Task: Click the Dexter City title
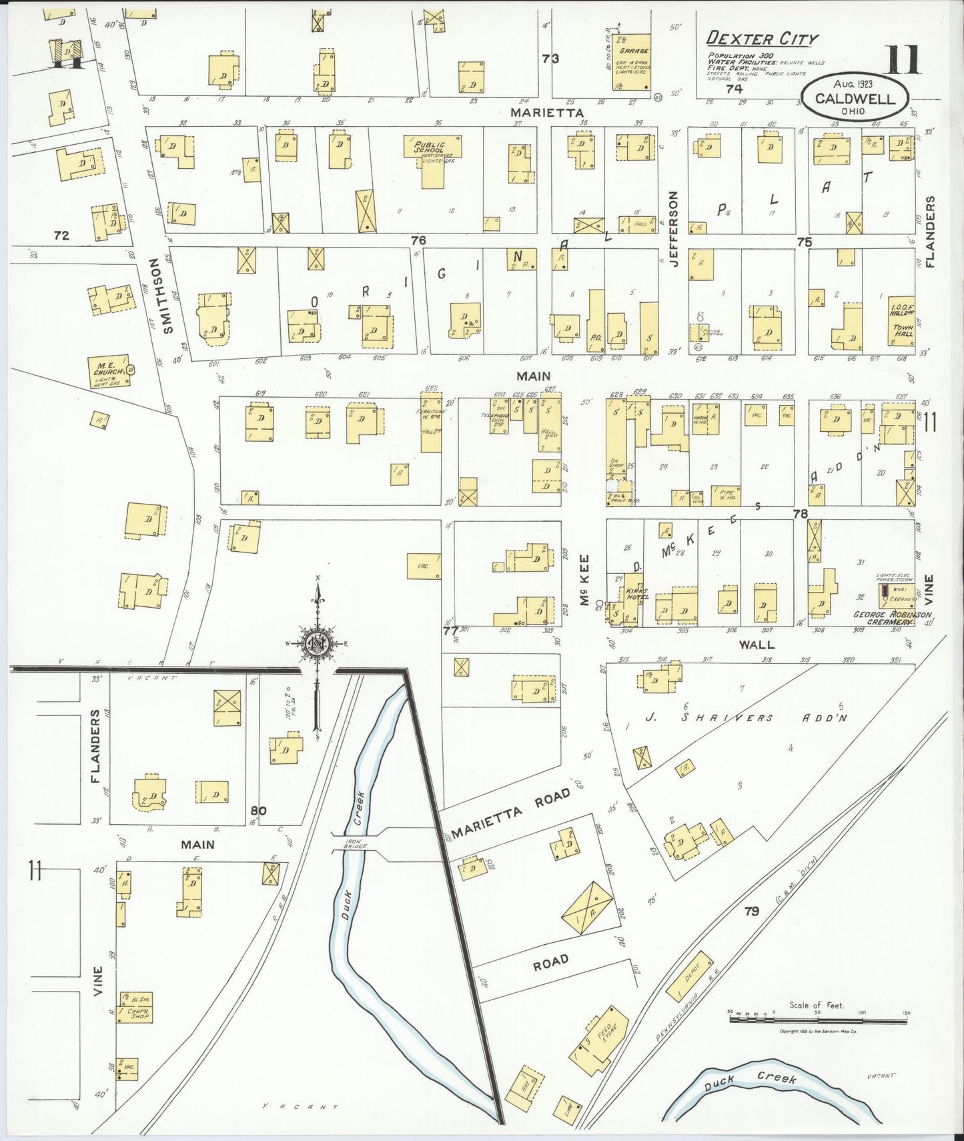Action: [762, 39]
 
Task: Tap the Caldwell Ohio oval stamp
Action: [855, 96]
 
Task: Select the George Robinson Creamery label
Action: [893, 617]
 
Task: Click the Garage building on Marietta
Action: [632, 62]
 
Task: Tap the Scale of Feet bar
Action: [818, 1017]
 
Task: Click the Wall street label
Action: [757, 645]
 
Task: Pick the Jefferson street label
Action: [674, 229]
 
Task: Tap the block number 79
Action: [751, 911]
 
